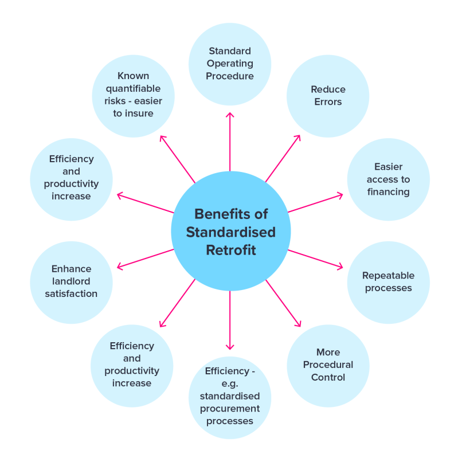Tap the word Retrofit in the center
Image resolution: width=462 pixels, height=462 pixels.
(x=231, y=250)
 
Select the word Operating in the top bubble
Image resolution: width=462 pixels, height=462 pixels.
(x=230, y=63)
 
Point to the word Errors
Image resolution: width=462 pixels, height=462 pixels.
(x=328, y=102)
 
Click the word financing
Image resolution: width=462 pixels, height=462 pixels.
(x=388, y=192)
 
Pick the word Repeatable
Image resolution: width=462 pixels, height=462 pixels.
(x=388, y=276)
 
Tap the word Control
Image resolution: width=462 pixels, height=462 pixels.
(x=328, y=377)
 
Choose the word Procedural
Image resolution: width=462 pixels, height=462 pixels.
(x=328, y=365)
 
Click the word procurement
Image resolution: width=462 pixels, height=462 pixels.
(x=230, y=409)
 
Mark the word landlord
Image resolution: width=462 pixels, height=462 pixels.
(x=71, y=281)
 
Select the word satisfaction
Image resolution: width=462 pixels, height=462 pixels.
(x=71, y=293)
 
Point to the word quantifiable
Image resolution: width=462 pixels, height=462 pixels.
(x=133, y=88)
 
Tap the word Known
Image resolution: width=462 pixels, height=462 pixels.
(x=133, y=76)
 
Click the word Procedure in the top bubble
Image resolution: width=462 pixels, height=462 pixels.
(x=230, y=76)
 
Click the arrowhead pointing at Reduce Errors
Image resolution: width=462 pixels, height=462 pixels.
(x=299, y=137)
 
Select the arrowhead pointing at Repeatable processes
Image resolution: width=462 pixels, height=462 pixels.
(x=340, y=267)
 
